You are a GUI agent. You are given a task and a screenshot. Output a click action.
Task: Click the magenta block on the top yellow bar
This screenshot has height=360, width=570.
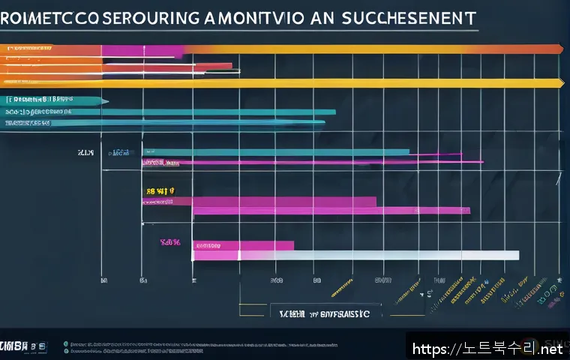coord(142,51)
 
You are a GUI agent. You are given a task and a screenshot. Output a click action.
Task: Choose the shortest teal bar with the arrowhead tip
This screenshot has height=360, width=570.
coord(52,100)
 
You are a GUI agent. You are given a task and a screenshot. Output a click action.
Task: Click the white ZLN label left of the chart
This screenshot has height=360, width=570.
coord(85,153)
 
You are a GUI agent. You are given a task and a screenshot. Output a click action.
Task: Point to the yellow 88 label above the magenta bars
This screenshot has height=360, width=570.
coord(158,192)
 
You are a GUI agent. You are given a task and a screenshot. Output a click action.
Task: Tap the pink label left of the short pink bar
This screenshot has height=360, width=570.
coord(172,242)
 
